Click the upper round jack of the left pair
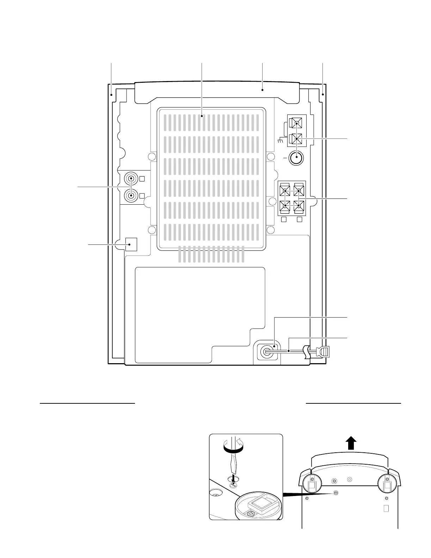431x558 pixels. (131, 178)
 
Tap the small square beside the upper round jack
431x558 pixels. (142, 179)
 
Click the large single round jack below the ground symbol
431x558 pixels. (296, 159)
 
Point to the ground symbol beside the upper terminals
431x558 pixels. (281, 141)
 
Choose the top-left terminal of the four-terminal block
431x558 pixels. (285, 191)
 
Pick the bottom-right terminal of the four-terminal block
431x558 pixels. (298, 205)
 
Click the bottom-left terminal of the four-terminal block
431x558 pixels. (285, 205)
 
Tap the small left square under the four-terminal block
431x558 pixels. (284, 220)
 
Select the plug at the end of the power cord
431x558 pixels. (324, 352)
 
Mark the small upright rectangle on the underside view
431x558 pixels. (386, 508)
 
